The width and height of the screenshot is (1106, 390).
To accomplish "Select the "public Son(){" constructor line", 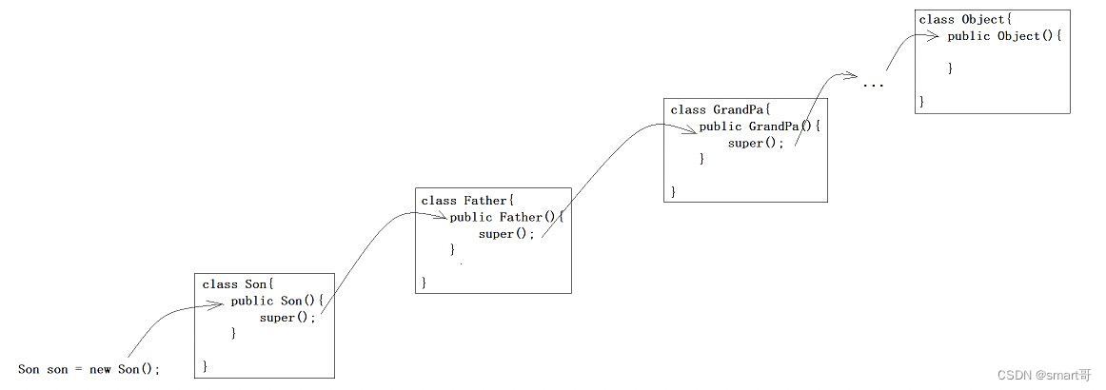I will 278,302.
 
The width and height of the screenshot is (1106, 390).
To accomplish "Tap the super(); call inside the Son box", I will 286,318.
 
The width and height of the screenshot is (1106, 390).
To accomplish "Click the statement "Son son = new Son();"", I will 89,369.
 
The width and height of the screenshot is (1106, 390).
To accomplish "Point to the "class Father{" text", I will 467,201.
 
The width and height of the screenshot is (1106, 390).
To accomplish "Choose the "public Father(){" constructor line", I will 507,218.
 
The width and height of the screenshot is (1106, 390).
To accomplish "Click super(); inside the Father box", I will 506,234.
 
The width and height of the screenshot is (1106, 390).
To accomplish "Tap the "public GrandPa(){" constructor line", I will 760,127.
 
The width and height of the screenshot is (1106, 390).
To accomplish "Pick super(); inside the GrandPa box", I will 756,144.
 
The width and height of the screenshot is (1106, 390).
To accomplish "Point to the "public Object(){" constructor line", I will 1004,36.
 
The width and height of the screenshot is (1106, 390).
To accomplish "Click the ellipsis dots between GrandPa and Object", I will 873,86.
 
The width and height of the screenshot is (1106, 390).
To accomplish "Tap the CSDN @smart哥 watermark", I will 1044,375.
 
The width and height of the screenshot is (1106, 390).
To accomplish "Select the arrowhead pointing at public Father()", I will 440,218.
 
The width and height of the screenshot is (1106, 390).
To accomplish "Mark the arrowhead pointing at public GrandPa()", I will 691,128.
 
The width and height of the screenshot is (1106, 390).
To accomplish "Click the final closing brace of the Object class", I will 921,100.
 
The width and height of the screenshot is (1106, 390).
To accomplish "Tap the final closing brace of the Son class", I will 206,365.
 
